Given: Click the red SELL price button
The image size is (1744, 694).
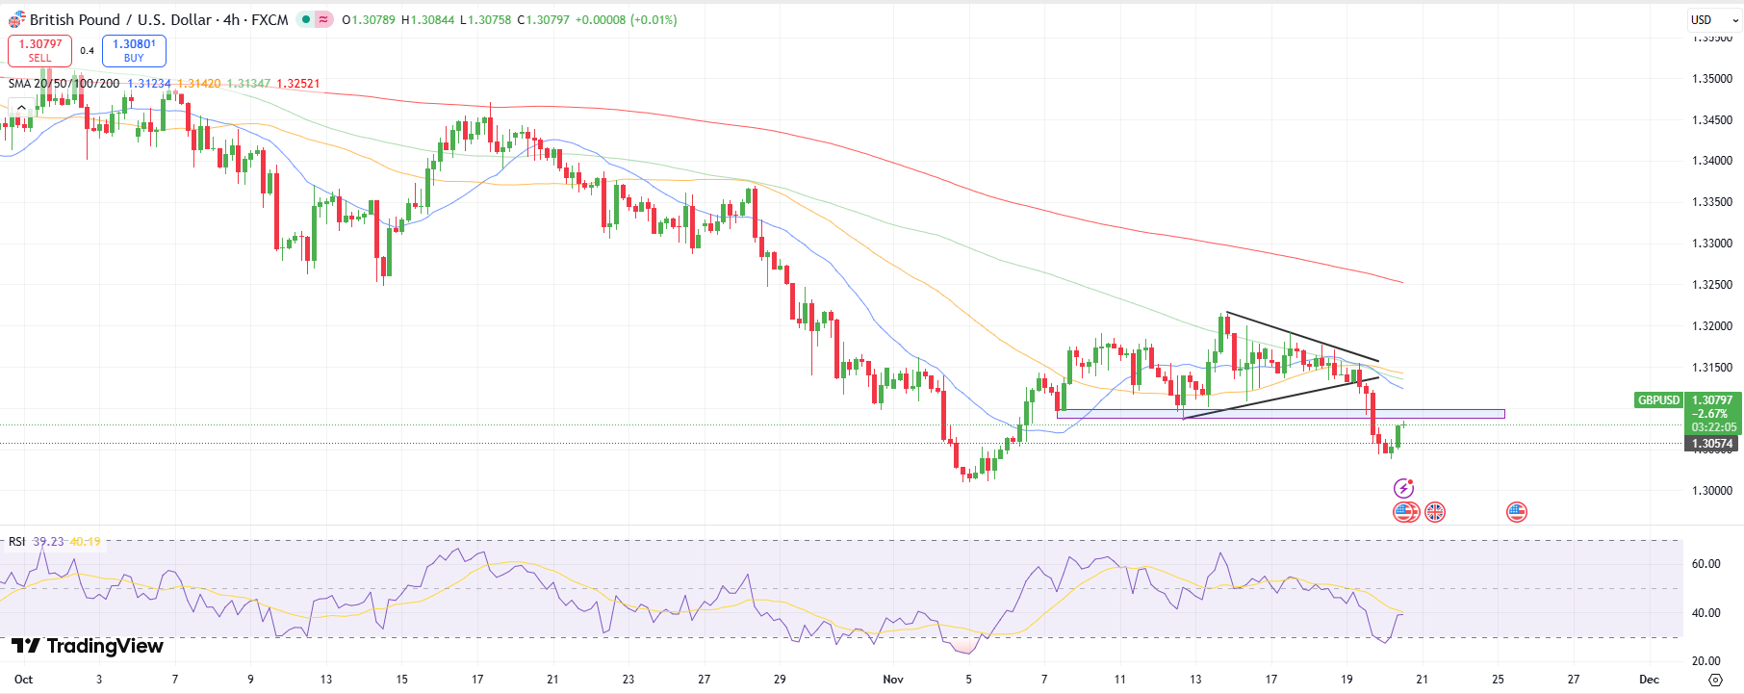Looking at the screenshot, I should coord(39,50).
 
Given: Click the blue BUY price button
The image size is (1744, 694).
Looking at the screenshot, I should coord(134,50).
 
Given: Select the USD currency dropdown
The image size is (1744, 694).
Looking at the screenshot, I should coord(1714,19).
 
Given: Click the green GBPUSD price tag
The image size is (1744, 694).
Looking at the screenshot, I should coord(1658,399).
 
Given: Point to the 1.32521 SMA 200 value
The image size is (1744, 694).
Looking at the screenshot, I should coord(298,84).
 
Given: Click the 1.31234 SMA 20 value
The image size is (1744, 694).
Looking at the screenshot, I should coord(149,84).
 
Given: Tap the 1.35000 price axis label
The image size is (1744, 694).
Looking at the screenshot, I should coord(1712,79).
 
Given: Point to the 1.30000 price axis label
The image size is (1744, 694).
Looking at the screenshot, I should coord(1712,491).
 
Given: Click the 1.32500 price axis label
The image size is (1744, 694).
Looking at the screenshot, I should coord(1712,285).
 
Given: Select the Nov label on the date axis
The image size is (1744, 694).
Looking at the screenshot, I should coord(893,680).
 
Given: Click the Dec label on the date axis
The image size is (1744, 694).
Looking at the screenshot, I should coord(1649,680).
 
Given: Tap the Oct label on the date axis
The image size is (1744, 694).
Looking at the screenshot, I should coord(24,680).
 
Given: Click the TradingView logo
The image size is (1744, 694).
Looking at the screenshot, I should coord(88,646).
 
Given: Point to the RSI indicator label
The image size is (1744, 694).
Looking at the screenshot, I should coord(17,542).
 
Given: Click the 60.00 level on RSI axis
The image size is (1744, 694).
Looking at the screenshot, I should coord(1706,564).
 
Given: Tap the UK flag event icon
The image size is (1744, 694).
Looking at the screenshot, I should coord(1435,512).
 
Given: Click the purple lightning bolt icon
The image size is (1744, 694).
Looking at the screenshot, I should coord(1404,488).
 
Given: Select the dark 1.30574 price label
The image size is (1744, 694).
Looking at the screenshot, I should coord(1712,444).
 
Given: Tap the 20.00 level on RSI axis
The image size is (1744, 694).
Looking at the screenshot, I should coord(1706,661).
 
